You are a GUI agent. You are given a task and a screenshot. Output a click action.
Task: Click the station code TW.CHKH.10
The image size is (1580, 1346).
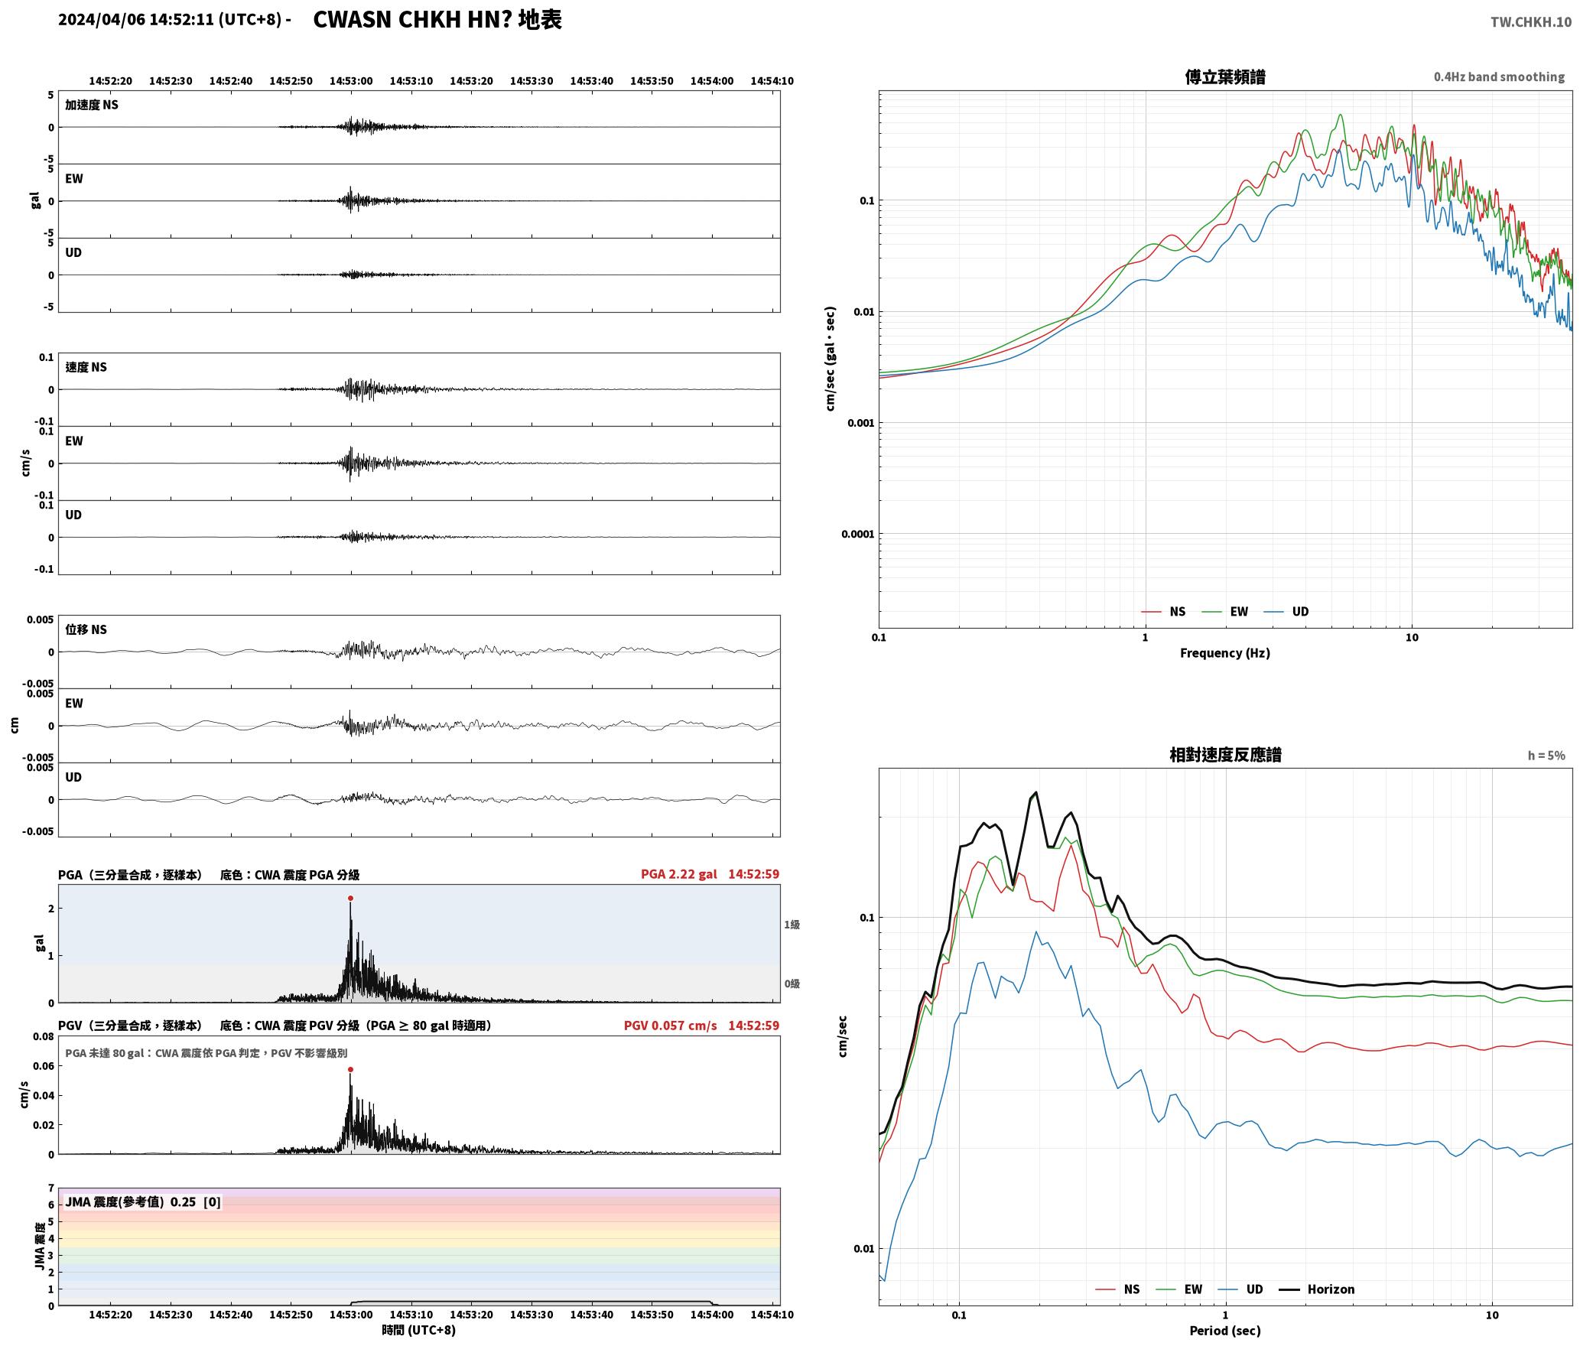[x=1531, y=22]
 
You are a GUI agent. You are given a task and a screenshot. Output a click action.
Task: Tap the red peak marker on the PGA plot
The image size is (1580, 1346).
[x=350, y=899]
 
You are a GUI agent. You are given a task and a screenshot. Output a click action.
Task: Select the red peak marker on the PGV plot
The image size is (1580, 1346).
[x=350, y=1070]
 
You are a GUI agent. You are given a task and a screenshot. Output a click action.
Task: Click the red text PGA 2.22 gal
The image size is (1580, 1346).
[x=679, y=874]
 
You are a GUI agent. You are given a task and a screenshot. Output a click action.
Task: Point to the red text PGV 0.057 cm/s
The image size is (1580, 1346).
[x=671, y=1026]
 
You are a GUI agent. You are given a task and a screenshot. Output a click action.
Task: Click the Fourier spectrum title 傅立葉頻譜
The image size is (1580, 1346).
[x=1225, y=76]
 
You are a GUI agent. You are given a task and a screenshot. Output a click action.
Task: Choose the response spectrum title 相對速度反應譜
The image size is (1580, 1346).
[x=1225, y=755]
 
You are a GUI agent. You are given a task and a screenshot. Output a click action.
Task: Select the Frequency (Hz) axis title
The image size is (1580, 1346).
[x=1225, y=653]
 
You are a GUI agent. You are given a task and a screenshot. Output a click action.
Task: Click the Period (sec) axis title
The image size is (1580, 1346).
[x=1225, y=1331]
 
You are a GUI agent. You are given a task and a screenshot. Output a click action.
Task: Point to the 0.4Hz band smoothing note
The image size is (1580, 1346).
[x=1499, y=77]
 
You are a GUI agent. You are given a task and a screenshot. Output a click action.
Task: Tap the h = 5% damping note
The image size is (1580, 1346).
[x=1546, y=756]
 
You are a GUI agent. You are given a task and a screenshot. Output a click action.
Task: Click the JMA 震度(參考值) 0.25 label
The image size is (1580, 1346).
[x=131, y=1201]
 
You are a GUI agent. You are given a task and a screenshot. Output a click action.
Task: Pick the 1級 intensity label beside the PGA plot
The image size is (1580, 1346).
[x=792, y=925]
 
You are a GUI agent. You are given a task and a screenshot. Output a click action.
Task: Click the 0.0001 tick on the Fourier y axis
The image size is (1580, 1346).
[x=857, y=534]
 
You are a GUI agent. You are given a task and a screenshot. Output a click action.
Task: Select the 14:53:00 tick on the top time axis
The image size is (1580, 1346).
[x=351, y=81]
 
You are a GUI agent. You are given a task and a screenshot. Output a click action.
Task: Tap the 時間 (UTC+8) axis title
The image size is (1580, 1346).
[x=419, y=1330]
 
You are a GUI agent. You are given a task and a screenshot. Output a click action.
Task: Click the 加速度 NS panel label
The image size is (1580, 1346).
[x=92, y=105]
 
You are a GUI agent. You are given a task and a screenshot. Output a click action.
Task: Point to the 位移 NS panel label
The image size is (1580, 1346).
[x=86, y=629]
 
